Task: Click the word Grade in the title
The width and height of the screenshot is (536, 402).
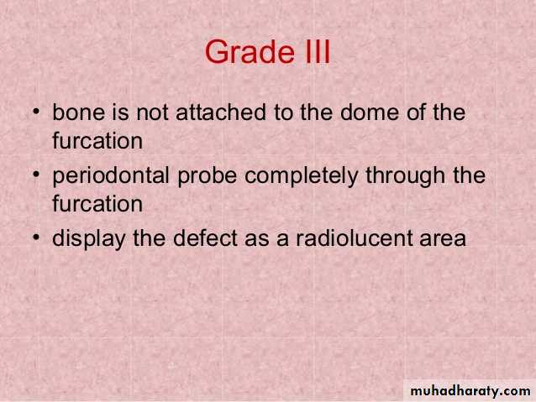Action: [250, 51]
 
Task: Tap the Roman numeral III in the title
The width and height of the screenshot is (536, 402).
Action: [317, 51]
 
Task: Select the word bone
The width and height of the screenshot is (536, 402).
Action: [79, 112]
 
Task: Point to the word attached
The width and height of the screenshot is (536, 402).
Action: [221, 112]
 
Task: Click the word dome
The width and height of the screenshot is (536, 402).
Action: [369, 112]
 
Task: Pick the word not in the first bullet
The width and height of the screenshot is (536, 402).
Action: [152, 112]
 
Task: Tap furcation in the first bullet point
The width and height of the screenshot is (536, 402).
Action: [97, 140]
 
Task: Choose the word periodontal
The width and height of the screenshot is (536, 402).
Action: [111, 175]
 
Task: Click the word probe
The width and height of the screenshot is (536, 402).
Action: [208, 176]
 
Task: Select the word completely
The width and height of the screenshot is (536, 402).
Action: [301, 176]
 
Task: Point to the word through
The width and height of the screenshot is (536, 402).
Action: [406, 176]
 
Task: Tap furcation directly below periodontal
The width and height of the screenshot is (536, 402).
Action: [97, 204]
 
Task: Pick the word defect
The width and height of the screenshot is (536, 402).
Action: [205, 238]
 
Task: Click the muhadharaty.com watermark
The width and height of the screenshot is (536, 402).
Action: [470, 390]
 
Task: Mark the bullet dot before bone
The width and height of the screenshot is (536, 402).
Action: [36, 112]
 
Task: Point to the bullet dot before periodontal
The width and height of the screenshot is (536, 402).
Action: [36, 175]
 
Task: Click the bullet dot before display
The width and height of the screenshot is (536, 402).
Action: [36, 238]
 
